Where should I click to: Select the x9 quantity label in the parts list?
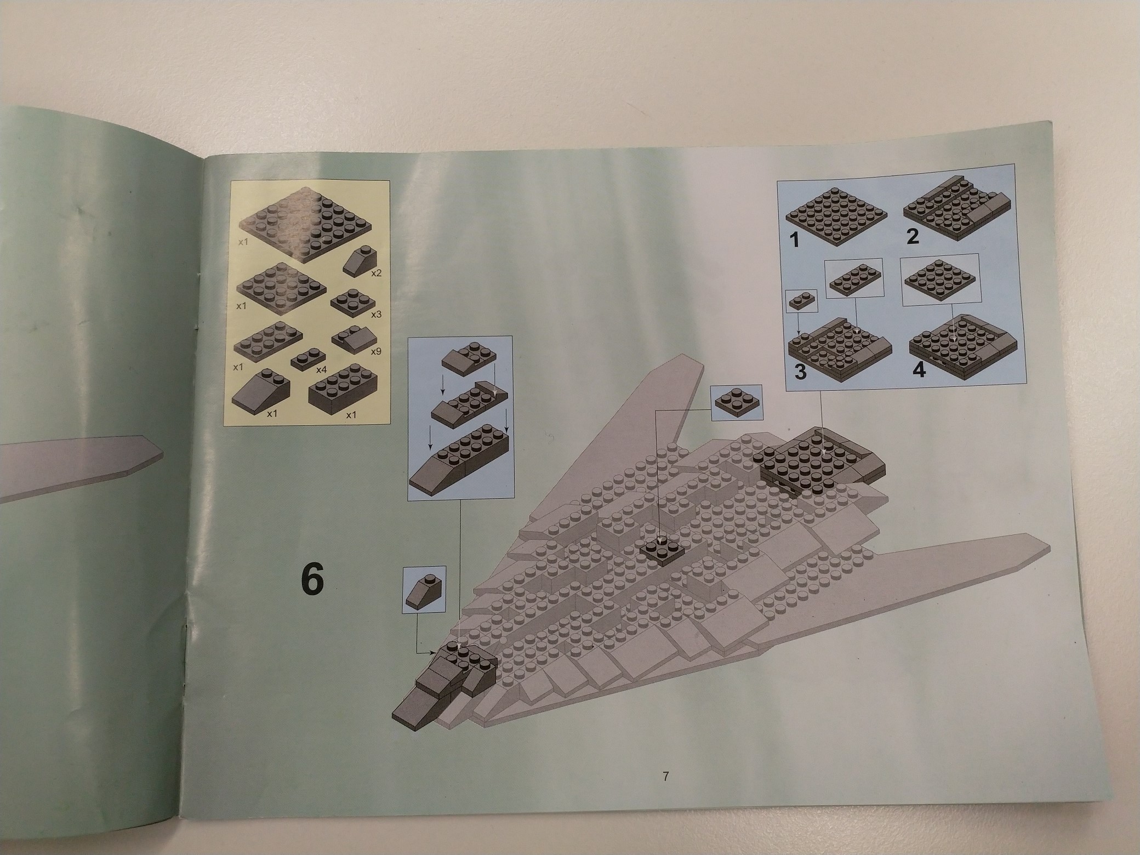pos(375,351)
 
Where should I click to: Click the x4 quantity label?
pos(321,370)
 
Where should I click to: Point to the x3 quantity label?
pos(375,315)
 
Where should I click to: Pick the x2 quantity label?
pos(375,273)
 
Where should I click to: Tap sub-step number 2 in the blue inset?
pos(912,237)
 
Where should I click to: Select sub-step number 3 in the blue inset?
pos(800,372)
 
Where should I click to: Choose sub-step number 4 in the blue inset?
pos(919,371)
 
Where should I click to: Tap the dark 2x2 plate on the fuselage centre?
pos(663,550)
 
